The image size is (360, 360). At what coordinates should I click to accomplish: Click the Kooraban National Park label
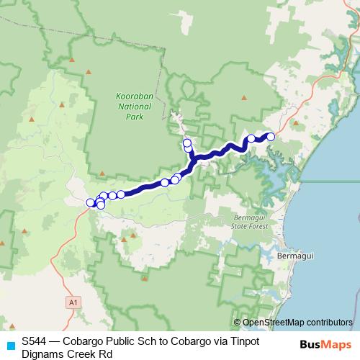pos(130,106)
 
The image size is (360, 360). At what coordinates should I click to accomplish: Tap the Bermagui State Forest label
pos(251,222)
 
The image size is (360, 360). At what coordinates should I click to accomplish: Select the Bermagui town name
pos(296,255)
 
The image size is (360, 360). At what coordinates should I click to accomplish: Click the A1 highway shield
pos(73,303)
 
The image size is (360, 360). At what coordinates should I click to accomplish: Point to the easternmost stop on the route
pos(271,137)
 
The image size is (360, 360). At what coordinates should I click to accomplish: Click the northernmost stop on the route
pos(186,143)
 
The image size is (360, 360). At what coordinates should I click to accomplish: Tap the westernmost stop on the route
pos(91,203)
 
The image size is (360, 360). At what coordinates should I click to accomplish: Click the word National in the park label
pos(130,106)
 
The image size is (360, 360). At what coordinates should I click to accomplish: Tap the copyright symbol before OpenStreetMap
pos(238,323)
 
